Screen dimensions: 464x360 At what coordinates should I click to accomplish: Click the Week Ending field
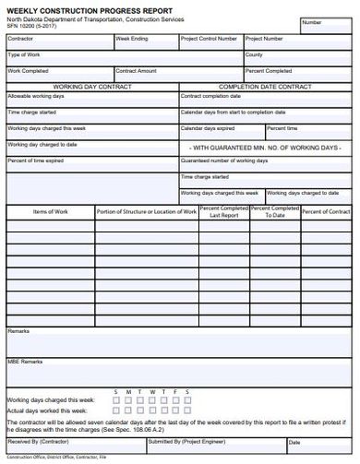(x=146, y=42)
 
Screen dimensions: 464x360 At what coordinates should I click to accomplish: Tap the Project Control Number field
(x=210, y=42)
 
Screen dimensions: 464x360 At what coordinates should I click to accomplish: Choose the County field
(x=298, y=58)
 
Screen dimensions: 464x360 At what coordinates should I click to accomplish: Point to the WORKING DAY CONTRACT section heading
(x=91, y=86)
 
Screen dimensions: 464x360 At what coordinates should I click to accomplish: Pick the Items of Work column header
(x=50, y=211)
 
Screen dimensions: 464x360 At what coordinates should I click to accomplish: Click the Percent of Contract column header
(x=326, y=211)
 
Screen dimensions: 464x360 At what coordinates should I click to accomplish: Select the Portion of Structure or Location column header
(x=146, y=211)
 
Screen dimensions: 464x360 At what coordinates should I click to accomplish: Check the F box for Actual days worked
(x=175, y=410)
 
